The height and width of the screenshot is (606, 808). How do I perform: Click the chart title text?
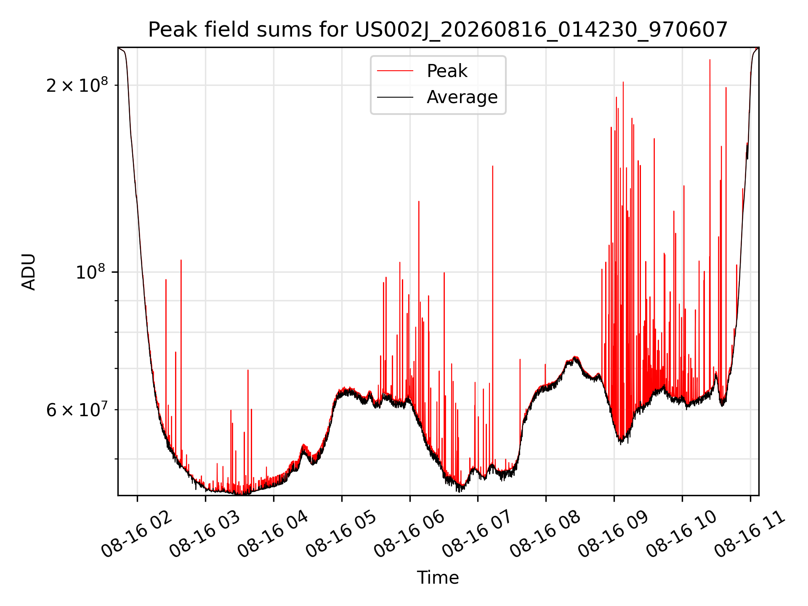click(438, 30)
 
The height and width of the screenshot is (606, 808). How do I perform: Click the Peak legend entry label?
click(447, 71)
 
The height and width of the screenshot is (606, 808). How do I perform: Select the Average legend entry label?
click(462, 97)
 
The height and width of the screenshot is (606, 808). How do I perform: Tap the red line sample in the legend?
click(395, 71)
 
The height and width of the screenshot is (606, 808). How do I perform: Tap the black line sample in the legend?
click(395, 97)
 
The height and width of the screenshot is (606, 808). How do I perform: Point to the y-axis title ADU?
click(29, 271)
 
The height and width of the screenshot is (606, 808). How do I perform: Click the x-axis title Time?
click(438, 578)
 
